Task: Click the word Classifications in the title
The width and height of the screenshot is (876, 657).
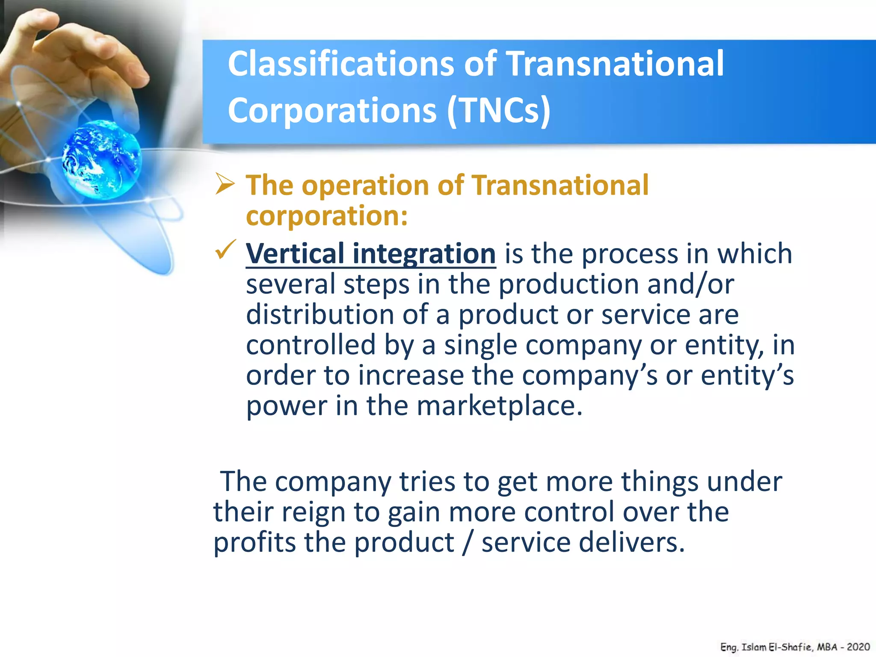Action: (x=340, y=64)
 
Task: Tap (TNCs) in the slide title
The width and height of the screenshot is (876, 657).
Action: (x=499, y=110)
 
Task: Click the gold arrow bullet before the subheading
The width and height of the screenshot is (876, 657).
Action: (x=225, y=184)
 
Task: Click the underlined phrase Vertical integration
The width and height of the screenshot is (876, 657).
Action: (x=370, y=254)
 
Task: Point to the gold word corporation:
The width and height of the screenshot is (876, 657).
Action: (x=327, y=216)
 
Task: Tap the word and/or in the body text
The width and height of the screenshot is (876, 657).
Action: (x=690, y=284)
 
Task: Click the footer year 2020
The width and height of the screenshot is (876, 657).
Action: (x=858, y=647)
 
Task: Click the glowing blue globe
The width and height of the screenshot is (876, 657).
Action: (x=102, y=159)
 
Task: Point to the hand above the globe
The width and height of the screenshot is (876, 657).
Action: (x=77, y=64)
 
